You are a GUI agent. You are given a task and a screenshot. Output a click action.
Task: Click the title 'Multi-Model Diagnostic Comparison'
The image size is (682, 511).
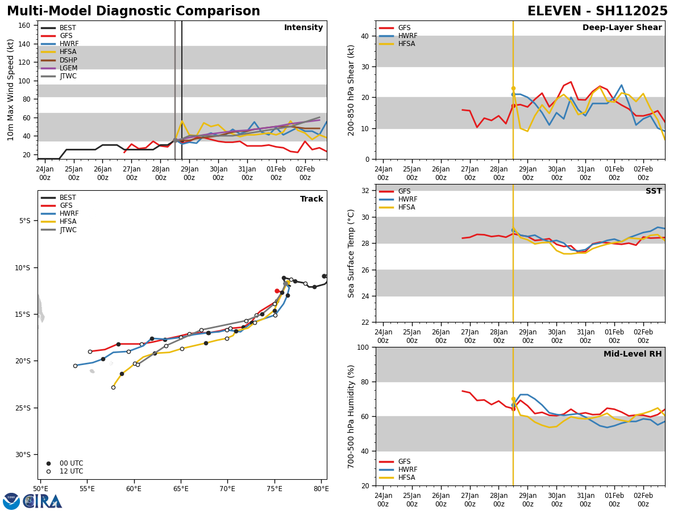(x=134, y=11)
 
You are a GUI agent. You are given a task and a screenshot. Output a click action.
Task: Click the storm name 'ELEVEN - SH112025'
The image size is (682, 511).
(x=597, y=11)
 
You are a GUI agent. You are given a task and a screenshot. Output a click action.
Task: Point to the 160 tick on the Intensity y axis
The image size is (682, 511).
(x=25, y=25)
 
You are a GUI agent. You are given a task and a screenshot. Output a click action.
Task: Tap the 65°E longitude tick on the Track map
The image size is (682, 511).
(x=181, y=489)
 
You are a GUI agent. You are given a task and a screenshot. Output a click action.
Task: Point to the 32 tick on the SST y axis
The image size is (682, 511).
(x=365, y=191)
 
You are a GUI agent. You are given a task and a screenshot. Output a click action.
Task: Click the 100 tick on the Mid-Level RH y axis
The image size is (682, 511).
(x=363, y=347)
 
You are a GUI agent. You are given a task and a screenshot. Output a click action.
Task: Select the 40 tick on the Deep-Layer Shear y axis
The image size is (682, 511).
(x=365, y=36)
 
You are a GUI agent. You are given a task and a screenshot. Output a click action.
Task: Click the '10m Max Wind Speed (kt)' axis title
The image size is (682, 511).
(x=11, y=90)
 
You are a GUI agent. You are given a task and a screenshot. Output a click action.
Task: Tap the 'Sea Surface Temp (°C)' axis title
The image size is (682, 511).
(x=351, y=253)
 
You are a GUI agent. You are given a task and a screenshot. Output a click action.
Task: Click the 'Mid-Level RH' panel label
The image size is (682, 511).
(x=633, y=354)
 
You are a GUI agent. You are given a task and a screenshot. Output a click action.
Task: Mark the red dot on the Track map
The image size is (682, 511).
(x=277, y=291)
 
